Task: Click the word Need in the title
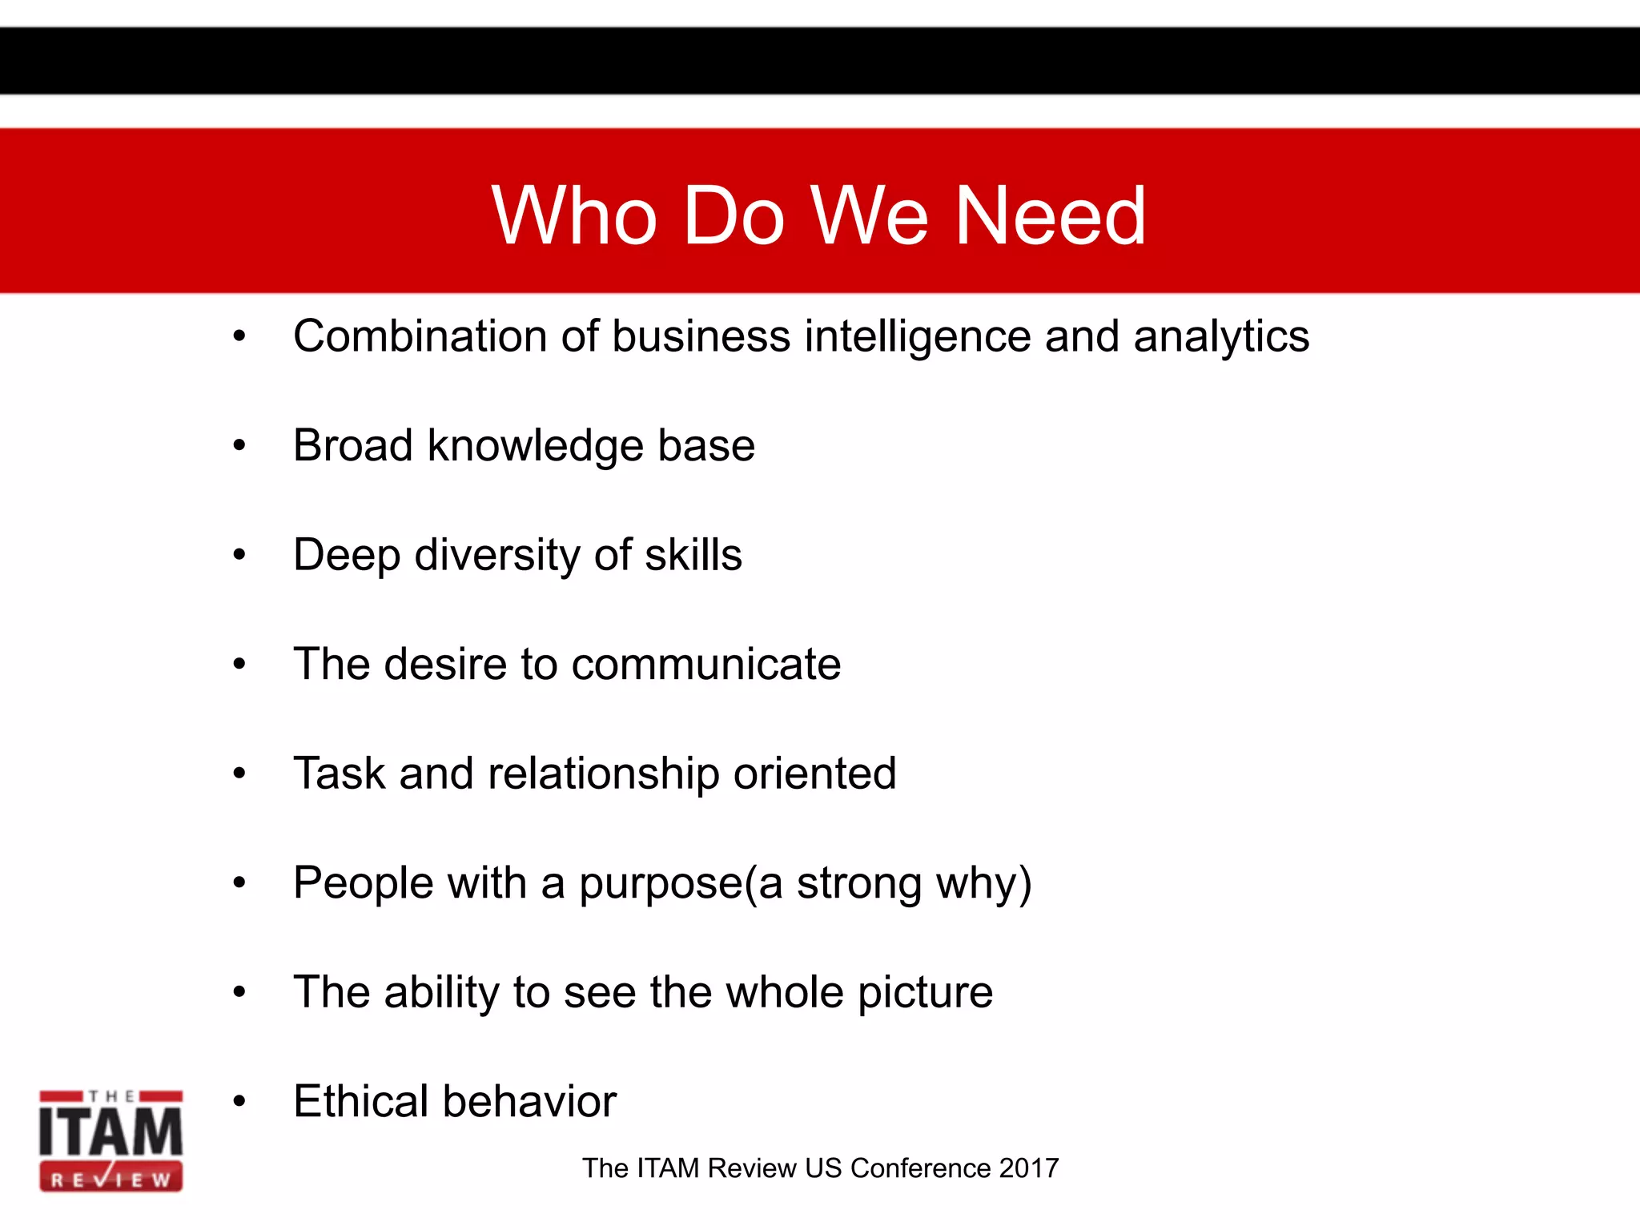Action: (x=1051, y=215)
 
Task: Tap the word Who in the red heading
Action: (x=574, y=215)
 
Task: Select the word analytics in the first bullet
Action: (x=1221, y=336)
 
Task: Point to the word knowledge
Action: (x=535, y=446)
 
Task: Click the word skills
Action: (x=693, y=555)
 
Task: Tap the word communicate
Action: (x=705, y=665)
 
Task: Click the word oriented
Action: (x=814, y=774)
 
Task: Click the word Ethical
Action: (x=361, y=1101)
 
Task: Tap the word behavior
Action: (x=529, y=1101)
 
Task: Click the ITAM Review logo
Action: (x=111, y=1140)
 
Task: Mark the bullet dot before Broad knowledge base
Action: (x=239, y=445)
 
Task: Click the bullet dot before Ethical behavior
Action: (x=239, y=1101)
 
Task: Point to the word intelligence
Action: (x=917, y=336)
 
